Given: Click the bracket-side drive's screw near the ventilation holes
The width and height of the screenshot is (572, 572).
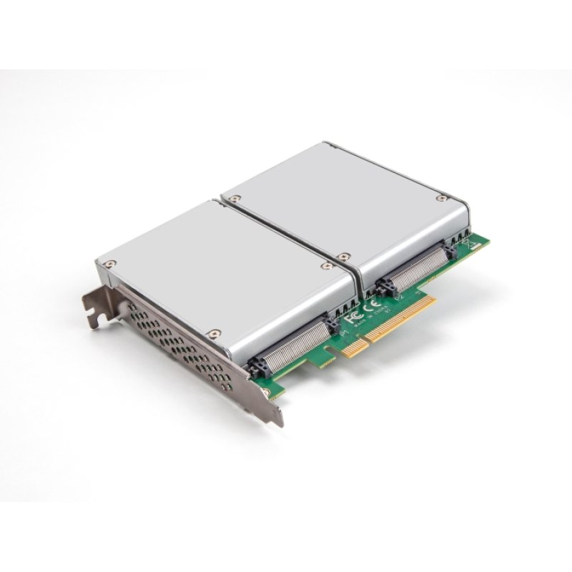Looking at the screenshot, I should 213,332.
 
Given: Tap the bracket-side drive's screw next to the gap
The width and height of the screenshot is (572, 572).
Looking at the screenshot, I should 327,265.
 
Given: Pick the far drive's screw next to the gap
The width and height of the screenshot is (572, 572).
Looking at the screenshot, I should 344,255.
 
